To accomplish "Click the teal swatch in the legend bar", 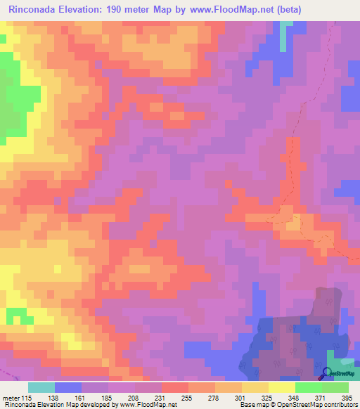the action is coord(41,388).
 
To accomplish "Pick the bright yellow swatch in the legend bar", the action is coord(282,388).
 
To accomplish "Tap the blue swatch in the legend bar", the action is coord(68,388).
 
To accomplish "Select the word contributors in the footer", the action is coord(337,404).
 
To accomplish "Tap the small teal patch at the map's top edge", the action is coord(285,35).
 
